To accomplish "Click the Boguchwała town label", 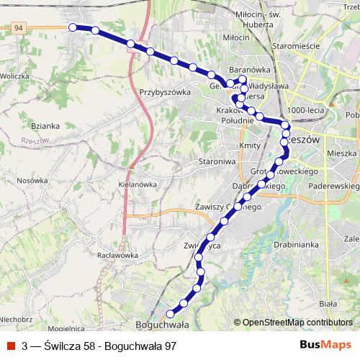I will point(162,325).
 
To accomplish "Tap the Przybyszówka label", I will point(166,92).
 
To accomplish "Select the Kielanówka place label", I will point(137,184).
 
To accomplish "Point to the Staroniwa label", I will point(217,162).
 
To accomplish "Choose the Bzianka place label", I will point(45,125).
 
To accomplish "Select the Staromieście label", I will point(291,45).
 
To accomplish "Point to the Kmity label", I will point(248,145).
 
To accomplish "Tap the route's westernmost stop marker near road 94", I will point(72,27).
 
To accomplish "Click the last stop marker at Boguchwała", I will point(171,313).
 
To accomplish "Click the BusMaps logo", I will point(325,346).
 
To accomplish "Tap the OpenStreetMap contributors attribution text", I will point(297,323).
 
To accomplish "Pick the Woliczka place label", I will point(14,75).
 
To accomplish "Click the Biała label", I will point(328,293).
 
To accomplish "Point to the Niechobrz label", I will point(16,318).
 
